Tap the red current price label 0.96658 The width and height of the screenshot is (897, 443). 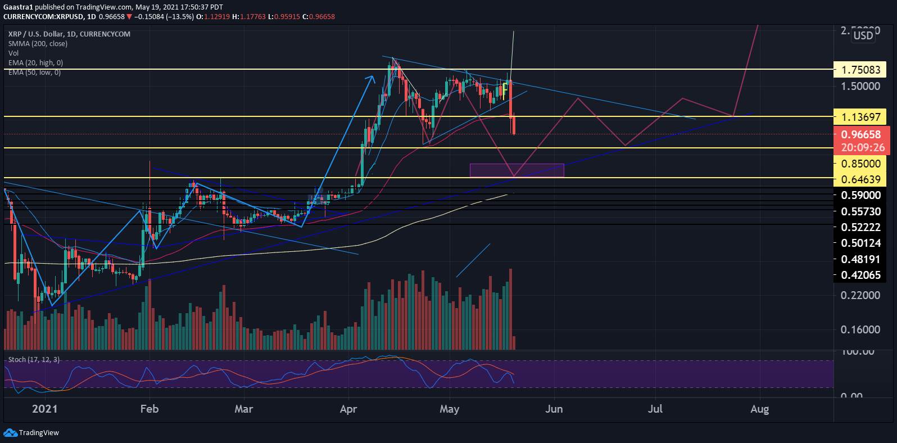tap(863, 135)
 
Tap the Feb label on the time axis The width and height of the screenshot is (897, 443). tap(149, 409)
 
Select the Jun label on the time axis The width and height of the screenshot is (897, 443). tap(554, 409)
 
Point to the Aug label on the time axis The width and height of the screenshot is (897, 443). tap(759, 409)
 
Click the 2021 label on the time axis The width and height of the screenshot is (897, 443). tap(46, 409)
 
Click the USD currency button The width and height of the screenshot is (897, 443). tap(863, 36)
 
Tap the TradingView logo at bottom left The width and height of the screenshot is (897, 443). tap(31, 432)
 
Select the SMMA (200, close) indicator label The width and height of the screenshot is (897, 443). tap(38, 43)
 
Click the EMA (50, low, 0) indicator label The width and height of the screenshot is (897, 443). tap(34, 73)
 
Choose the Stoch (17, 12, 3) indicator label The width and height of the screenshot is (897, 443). tap(34, 359)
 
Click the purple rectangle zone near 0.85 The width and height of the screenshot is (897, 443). tap(517, 170)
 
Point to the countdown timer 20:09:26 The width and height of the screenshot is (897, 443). tap(863, 148)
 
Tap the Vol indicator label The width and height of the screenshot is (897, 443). tap(13, 53)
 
